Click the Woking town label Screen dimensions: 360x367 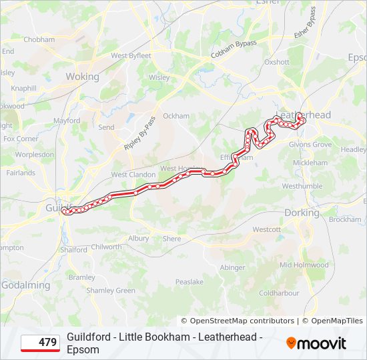pyautogui.click(x=82, y=77)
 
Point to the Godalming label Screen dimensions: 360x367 pyautogui.click(x=25, y=285)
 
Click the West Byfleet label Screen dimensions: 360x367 pyautogui.click(x=131, y=56)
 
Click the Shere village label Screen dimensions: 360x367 pyautogui.click(x=171, y=239)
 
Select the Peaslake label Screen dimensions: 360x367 pyautogui.click(x=190, y=282)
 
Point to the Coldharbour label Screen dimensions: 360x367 pyautogui.click(x=279, y=293)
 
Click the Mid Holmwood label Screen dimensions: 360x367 pyautogui.click(x=304, y=265)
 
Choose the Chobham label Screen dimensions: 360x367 pyautogui.click(x=39, y=39)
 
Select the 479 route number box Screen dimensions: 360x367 pyautogui.click(x=40, y=343)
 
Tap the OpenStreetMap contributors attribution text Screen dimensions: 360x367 pyautogui.click(x=238, y=321)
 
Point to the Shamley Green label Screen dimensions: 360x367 pyautogui.click(x=111, y=291)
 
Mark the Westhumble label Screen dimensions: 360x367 pyautogui.click(x=302, y=186)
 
